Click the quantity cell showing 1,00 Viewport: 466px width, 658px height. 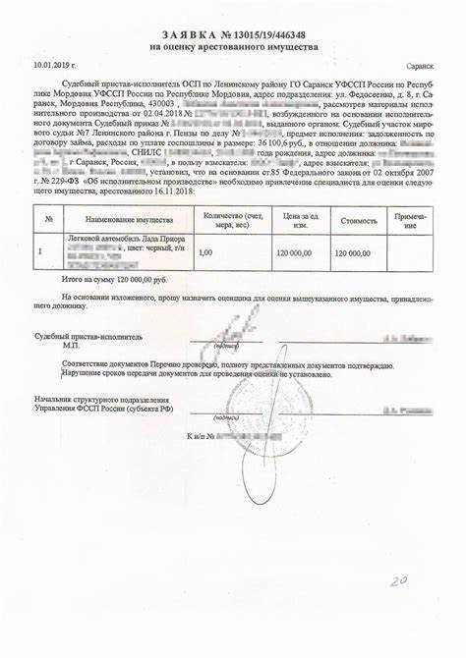tap(205, 252)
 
